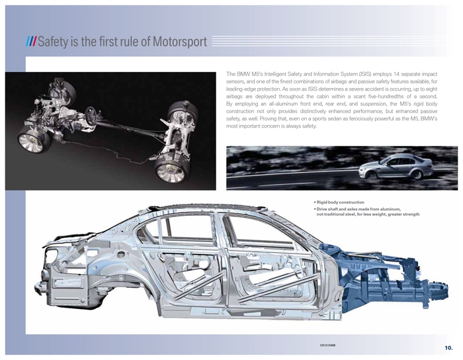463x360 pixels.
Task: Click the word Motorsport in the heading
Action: pos(179,41)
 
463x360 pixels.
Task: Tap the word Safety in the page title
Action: pos(53,41)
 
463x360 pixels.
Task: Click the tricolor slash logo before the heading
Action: pos(31,42)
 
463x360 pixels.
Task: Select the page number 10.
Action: pos(448,347)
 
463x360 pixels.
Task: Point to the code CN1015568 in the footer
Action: pos(327,345)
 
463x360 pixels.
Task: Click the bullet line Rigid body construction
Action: pos(340,202)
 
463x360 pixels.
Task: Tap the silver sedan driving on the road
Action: pos(396,167)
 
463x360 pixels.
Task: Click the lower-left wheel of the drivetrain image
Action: pos(30,142)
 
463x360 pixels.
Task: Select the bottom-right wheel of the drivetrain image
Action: pos(171,171)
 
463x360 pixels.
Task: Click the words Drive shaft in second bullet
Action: pos(328,209)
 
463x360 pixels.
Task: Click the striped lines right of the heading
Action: pos(331,41)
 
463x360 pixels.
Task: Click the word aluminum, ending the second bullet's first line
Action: pos(390,209)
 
